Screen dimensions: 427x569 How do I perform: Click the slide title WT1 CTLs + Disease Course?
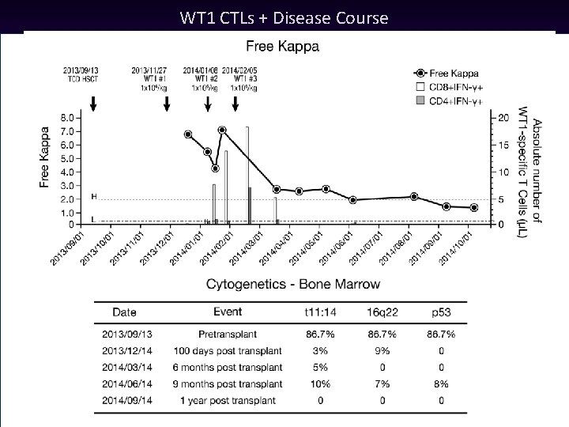(284, 17)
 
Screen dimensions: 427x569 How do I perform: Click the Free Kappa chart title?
(284, 47)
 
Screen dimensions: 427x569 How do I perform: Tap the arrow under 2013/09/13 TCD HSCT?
(93, 104)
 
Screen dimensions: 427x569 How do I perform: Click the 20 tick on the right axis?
(504, 118)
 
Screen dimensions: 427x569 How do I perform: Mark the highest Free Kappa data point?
(222, 130)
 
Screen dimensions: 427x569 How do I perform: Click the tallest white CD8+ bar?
(247, 174)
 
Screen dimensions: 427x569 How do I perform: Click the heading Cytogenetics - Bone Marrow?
(292, 284)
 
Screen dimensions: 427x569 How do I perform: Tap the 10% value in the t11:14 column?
(319, 384)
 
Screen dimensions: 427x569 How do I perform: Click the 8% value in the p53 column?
(440, 384)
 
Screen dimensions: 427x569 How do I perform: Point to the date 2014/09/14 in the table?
(126, 401)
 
